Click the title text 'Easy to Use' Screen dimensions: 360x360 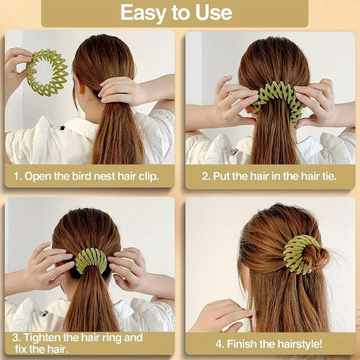pyautogui.click(x=176, y=12)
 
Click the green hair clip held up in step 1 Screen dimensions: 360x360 pyautogui.click(x=47, y=72)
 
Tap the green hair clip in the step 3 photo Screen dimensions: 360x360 pyautogui.click(x=91, y=259)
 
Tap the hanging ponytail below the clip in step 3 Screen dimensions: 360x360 pyautogui.click(x=91, y=304)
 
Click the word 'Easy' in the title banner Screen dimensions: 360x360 pyautogui.click(x=141, y=12)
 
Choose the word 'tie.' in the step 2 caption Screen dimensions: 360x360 pyautogui.click(x=325, y=176)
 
